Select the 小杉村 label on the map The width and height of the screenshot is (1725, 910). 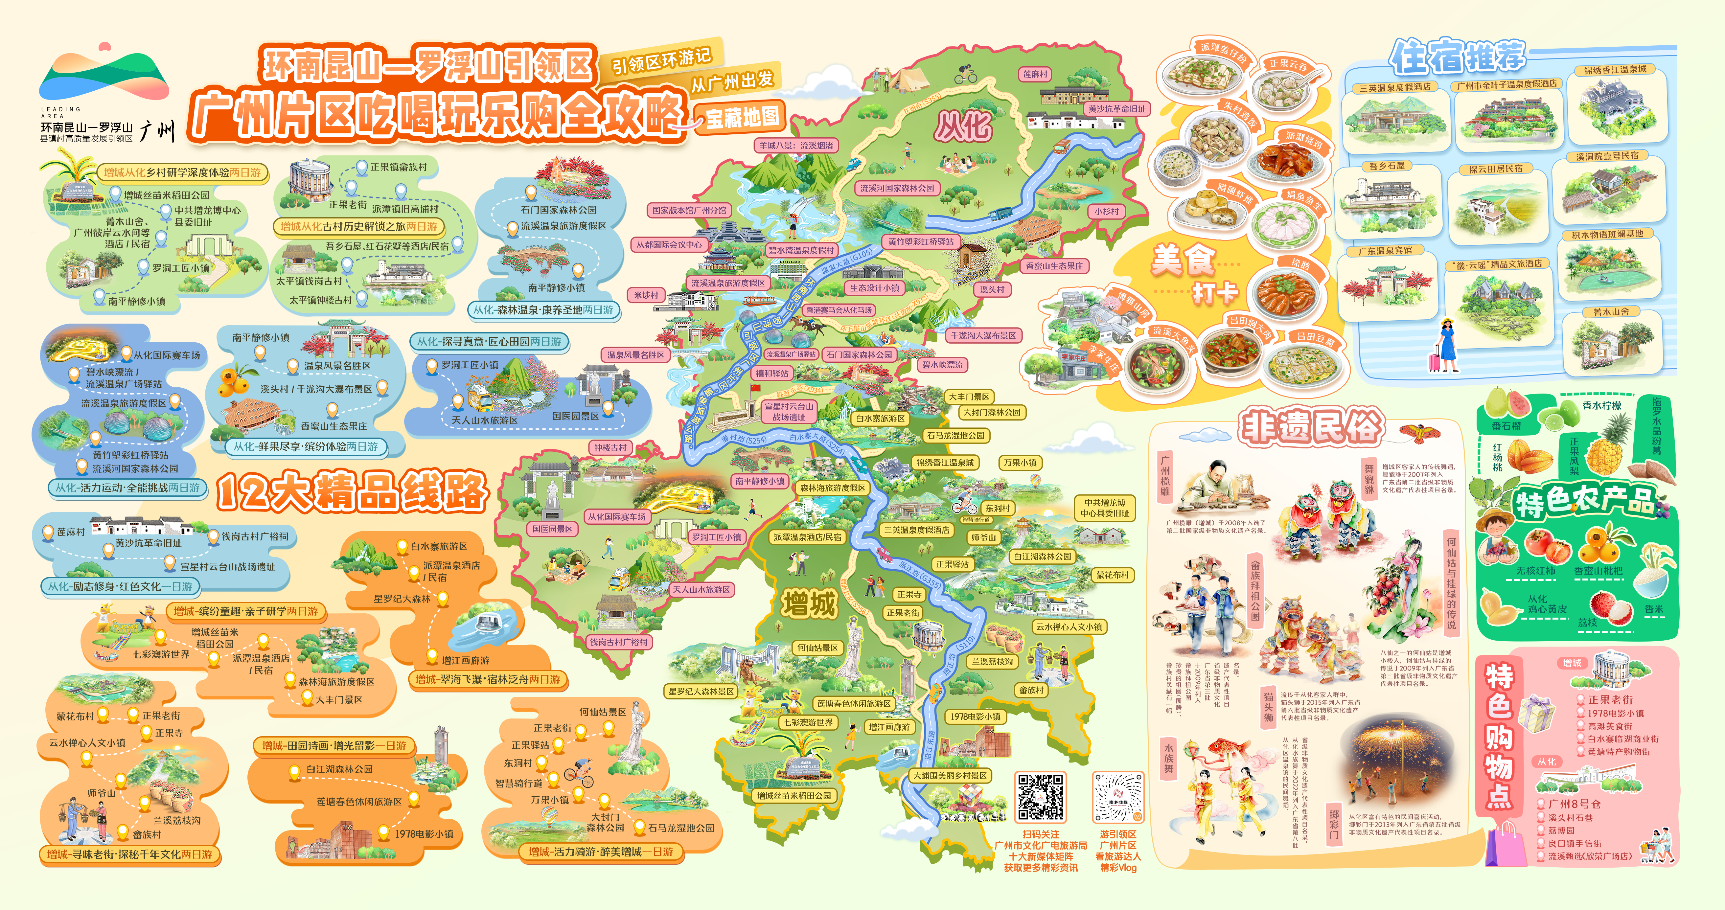pyautogui.click(x=1106, y=211)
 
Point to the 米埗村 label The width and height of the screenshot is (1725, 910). pyautogui.click(x=646, y=295)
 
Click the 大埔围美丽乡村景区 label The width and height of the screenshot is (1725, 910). pyautogui.click(x=950, y=775)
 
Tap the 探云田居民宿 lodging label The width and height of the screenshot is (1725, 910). pyautogui.click(x=1495, y=170)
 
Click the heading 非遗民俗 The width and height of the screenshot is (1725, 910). pyautogui.click(x=1310, y=426)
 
